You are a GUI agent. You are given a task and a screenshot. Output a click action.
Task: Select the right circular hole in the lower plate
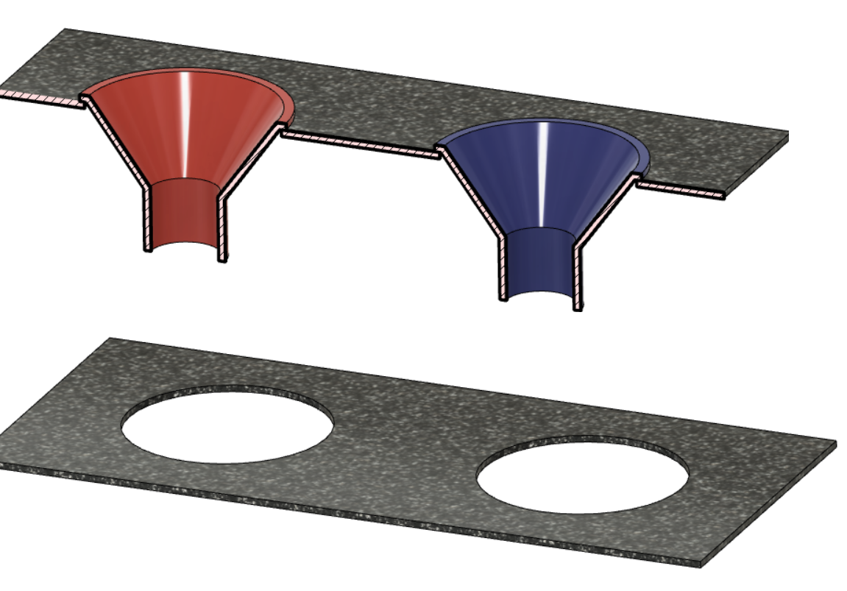(x=582, y=476)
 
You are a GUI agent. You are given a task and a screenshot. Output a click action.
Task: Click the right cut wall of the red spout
(x=222, y=228)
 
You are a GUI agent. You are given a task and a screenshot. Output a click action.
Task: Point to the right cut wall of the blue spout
(x=578, y=276)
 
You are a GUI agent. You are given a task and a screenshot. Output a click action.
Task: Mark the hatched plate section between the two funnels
(x=360, y=144)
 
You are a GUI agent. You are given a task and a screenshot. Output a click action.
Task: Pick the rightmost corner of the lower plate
(x=836, y=442)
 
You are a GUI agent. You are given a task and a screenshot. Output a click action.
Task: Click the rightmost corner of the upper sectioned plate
(x=788, y=134)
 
